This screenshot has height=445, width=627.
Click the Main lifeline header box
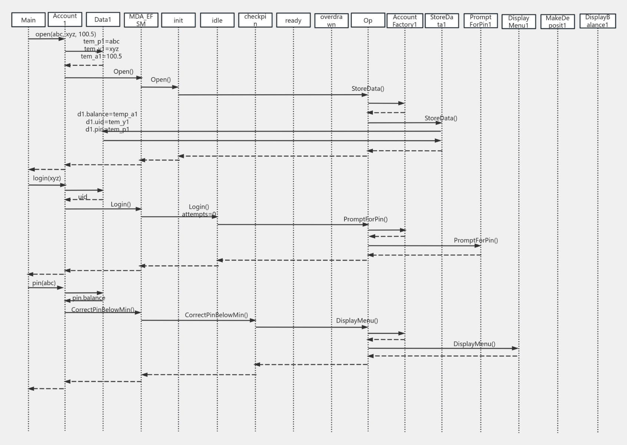pyautogui.click(x=28, y=20)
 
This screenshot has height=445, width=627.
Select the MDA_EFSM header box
pyautogui.click(x=141, y=20)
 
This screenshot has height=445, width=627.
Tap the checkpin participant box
pyautogui.click(x=255, y=20)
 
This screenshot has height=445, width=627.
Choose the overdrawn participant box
pyautogui.click(x=331, y=20)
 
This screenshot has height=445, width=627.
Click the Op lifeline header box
pyautogui.click(x=368, y=20)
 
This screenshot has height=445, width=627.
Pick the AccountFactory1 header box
pyautogui.click(x=405, y=21)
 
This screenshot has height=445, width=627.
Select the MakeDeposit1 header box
pyautogui.click(x=557, y=22)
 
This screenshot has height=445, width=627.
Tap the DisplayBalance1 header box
pyautogui.click(x=597, y=21)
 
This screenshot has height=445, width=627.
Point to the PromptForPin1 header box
pyautogui.click(x=481, y=21)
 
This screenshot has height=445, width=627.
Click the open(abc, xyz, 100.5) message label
pyautogui.click(x=66, y=34)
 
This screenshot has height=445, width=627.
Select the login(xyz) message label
pyautogui.click(x=47, y=178)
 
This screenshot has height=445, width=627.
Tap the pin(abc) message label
pyautogui.click(x=44, y=283)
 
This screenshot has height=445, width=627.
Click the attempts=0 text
pyautogui.click(x=199, y=214)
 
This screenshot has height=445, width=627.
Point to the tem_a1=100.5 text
pyautogui.click(x=101, y=56)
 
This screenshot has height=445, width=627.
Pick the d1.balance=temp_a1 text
pyautogui.click(x=107, y=114)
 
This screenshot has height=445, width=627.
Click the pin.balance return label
pyautogui.click(x=89, y=298)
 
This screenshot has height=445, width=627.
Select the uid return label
pyautogui.click(x=83, y=197)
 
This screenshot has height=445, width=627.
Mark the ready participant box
pyautogui.click(x=293, y=20)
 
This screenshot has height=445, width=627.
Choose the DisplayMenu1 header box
pyautogui.click(x=518, y=22)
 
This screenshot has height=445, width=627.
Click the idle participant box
pyautogui.click(x=217, y=20)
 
